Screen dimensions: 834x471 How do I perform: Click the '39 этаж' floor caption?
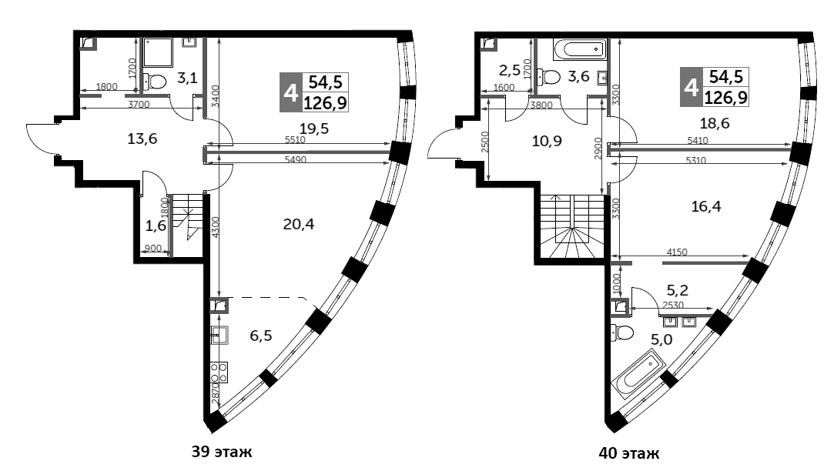[x=221, y=452]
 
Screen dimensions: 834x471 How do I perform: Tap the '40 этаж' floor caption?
[x=628, y=453]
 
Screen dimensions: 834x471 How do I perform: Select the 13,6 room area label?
[x=142, y=139]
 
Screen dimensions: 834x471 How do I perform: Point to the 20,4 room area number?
[x=298, y=224]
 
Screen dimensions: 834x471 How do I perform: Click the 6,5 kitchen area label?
[x=261, y=336]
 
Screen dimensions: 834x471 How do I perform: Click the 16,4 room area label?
[x=706, y=205]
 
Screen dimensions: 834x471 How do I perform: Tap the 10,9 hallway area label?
[x=547, y=141]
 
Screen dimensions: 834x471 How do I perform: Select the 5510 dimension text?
[x=295, y=140]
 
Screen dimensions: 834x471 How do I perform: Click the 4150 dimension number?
[x=676, y=252]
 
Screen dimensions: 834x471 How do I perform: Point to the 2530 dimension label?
[x=673, y=305]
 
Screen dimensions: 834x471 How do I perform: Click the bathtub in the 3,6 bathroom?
[x=580, y=49]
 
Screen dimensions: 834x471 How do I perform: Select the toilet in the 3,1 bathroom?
[x=154, y=82]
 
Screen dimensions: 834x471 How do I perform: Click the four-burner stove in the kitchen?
[x=219, y=372]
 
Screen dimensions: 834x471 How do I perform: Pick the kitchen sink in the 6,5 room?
[x=219, y=336]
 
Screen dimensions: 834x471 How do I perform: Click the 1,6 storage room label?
[x=156, y=226]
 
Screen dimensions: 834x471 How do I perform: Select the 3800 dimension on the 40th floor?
[x=541, y=105]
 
